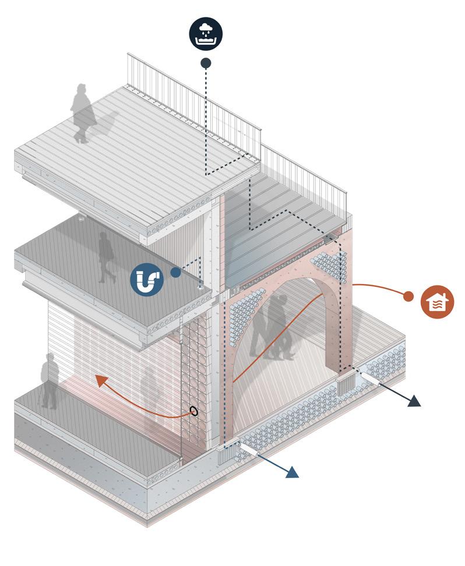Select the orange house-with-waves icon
437,302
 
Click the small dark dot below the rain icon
206,62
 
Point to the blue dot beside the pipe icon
175,272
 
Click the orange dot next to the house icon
408,296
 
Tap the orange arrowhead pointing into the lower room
102,381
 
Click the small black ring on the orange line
194,411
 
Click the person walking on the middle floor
107,257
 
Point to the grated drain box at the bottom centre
226,455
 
